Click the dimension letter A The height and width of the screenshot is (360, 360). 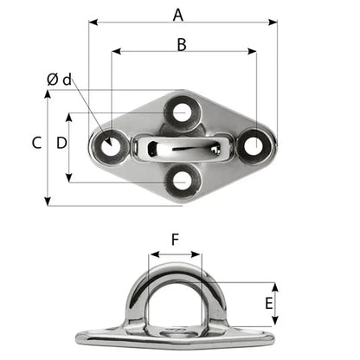[x=178, y=14]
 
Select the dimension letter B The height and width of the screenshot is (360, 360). [x=180, y=43]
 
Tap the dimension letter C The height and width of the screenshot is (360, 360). [x=36, y=144]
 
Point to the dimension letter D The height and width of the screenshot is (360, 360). [x=61, y=144]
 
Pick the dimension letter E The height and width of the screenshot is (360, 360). [x=268, y=304]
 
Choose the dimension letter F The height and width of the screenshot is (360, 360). [x=175, y=240]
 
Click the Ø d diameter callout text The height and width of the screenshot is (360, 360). [x=59, y=80]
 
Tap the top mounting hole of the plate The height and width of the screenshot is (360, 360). [x=181, y=112]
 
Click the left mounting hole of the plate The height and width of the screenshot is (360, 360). [x=110, y=146]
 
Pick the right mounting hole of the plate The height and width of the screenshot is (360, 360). [x=253, y=145]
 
